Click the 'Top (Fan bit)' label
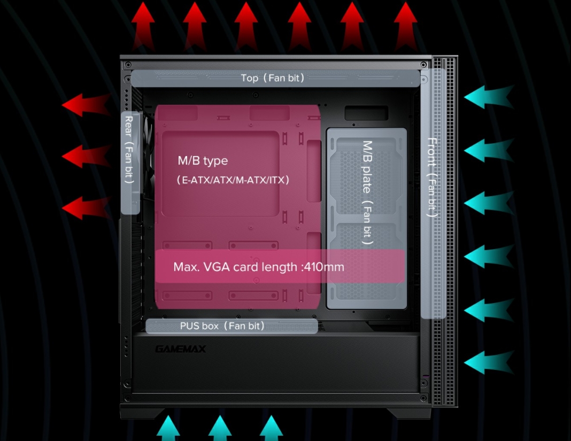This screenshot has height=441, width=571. [x=273, y=78]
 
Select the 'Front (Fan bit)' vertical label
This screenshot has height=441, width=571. [x=432, y=177]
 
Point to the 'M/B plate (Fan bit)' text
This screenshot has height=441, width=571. [x=367, y=192]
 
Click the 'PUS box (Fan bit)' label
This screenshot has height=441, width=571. [x=222, y=326]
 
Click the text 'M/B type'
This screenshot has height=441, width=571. [x=203, y=160]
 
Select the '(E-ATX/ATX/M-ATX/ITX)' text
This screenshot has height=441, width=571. [x=233, y=180]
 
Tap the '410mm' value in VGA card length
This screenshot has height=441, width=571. [x=323, y=266]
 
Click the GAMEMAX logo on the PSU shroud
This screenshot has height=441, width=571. [x=180, y=349]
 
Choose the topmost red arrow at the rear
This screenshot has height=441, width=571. [x=86, y=104]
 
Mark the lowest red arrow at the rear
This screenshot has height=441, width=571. [x=86, y=207]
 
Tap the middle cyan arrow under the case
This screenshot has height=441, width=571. [x=220, y=428]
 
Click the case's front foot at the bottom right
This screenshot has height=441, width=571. [x=408, y=413]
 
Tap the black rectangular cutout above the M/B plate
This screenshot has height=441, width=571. [x=366, y=113]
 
